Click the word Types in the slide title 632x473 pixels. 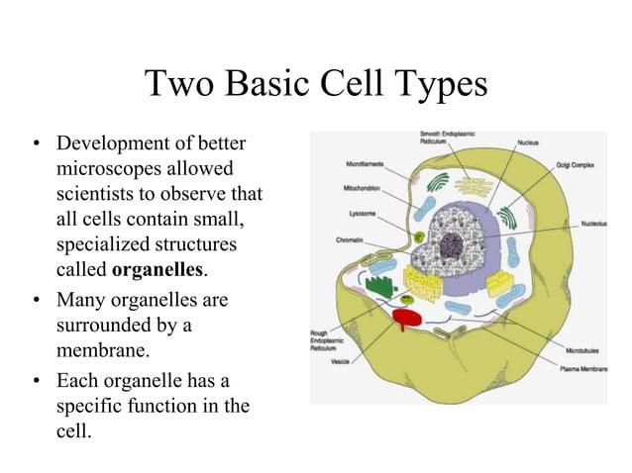[435, 85]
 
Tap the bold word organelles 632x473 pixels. [158, 269]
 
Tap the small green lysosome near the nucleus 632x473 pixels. [420, 235]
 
